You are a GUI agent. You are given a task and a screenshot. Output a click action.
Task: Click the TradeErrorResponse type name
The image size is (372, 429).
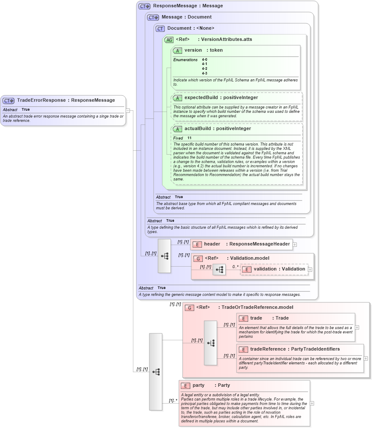point(41,100)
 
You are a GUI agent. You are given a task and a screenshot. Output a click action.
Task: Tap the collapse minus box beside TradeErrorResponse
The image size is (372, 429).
point(128,110)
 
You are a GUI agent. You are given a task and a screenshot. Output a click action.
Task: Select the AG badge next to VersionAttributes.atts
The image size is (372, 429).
point(169,40)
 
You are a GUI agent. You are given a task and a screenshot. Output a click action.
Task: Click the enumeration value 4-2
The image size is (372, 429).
point(205,69)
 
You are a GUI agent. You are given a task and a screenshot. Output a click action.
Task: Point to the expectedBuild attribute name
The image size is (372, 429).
point(201,98)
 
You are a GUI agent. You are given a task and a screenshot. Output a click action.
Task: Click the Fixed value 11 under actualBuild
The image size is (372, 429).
point(189,138)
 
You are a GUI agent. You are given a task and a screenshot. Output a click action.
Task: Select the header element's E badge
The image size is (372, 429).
point(197,244)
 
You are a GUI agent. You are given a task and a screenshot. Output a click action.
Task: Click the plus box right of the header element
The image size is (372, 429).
point(295,244)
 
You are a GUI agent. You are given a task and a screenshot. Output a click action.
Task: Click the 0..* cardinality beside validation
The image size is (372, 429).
point(235,267)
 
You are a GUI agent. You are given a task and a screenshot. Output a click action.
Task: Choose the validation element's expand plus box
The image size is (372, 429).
point(310,269)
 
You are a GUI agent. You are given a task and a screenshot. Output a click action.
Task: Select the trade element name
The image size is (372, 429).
point(256,318)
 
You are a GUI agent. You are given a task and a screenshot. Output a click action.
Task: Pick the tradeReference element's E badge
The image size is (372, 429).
point(243,349)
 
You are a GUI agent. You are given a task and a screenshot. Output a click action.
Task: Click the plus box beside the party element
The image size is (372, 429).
point(312,404)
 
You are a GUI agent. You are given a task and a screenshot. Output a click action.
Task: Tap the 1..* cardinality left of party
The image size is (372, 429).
point(173,401)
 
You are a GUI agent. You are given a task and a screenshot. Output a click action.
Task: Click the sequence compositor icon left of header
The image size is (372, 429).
point(164,256)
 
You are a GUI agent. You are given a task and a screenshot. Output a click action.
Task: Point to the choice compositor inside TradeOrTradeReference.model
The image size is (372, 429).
point(211,343)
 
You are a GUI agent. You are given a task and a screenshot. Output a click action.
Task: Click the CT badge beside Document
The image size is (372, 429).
point(160,28)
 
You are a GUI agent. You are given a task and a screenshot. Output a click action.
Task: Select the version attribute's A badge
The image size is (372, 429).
point(177,50)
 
